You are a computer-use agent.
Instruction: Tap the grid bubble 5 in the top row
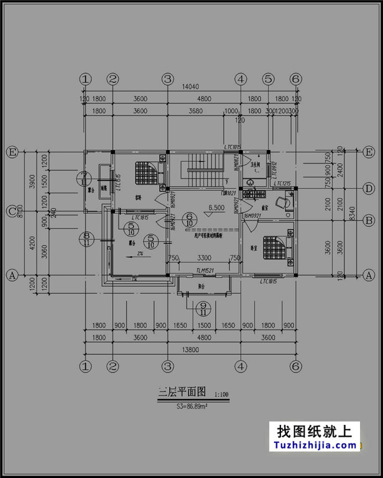tap(269, 79)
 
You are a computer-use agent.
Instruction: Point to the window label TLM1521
tap(206, 271)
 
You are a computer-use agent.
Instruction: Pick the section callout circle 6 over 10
tap(189, 220)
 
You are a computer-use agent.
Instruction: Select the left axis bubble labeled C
tap(11, 210)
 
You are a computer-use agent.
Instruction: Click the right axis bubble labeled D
tap(369, 189)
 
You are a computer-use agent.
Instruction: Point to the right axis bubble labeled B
tap(369, 221)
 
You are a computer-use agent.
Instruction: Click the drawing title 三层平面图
tap(181, 391)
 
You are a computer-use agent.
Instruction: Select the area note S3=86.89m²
tap(194, 406)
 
